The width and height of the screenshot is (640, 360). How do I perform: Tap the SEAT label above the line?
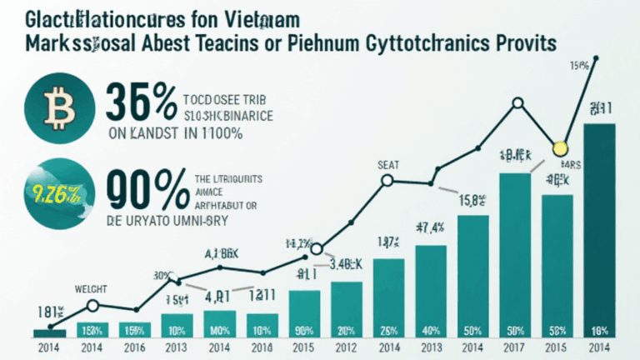pos(388,163)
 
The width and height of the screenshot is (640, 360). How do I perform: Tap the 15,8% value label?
pos(472,200)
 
